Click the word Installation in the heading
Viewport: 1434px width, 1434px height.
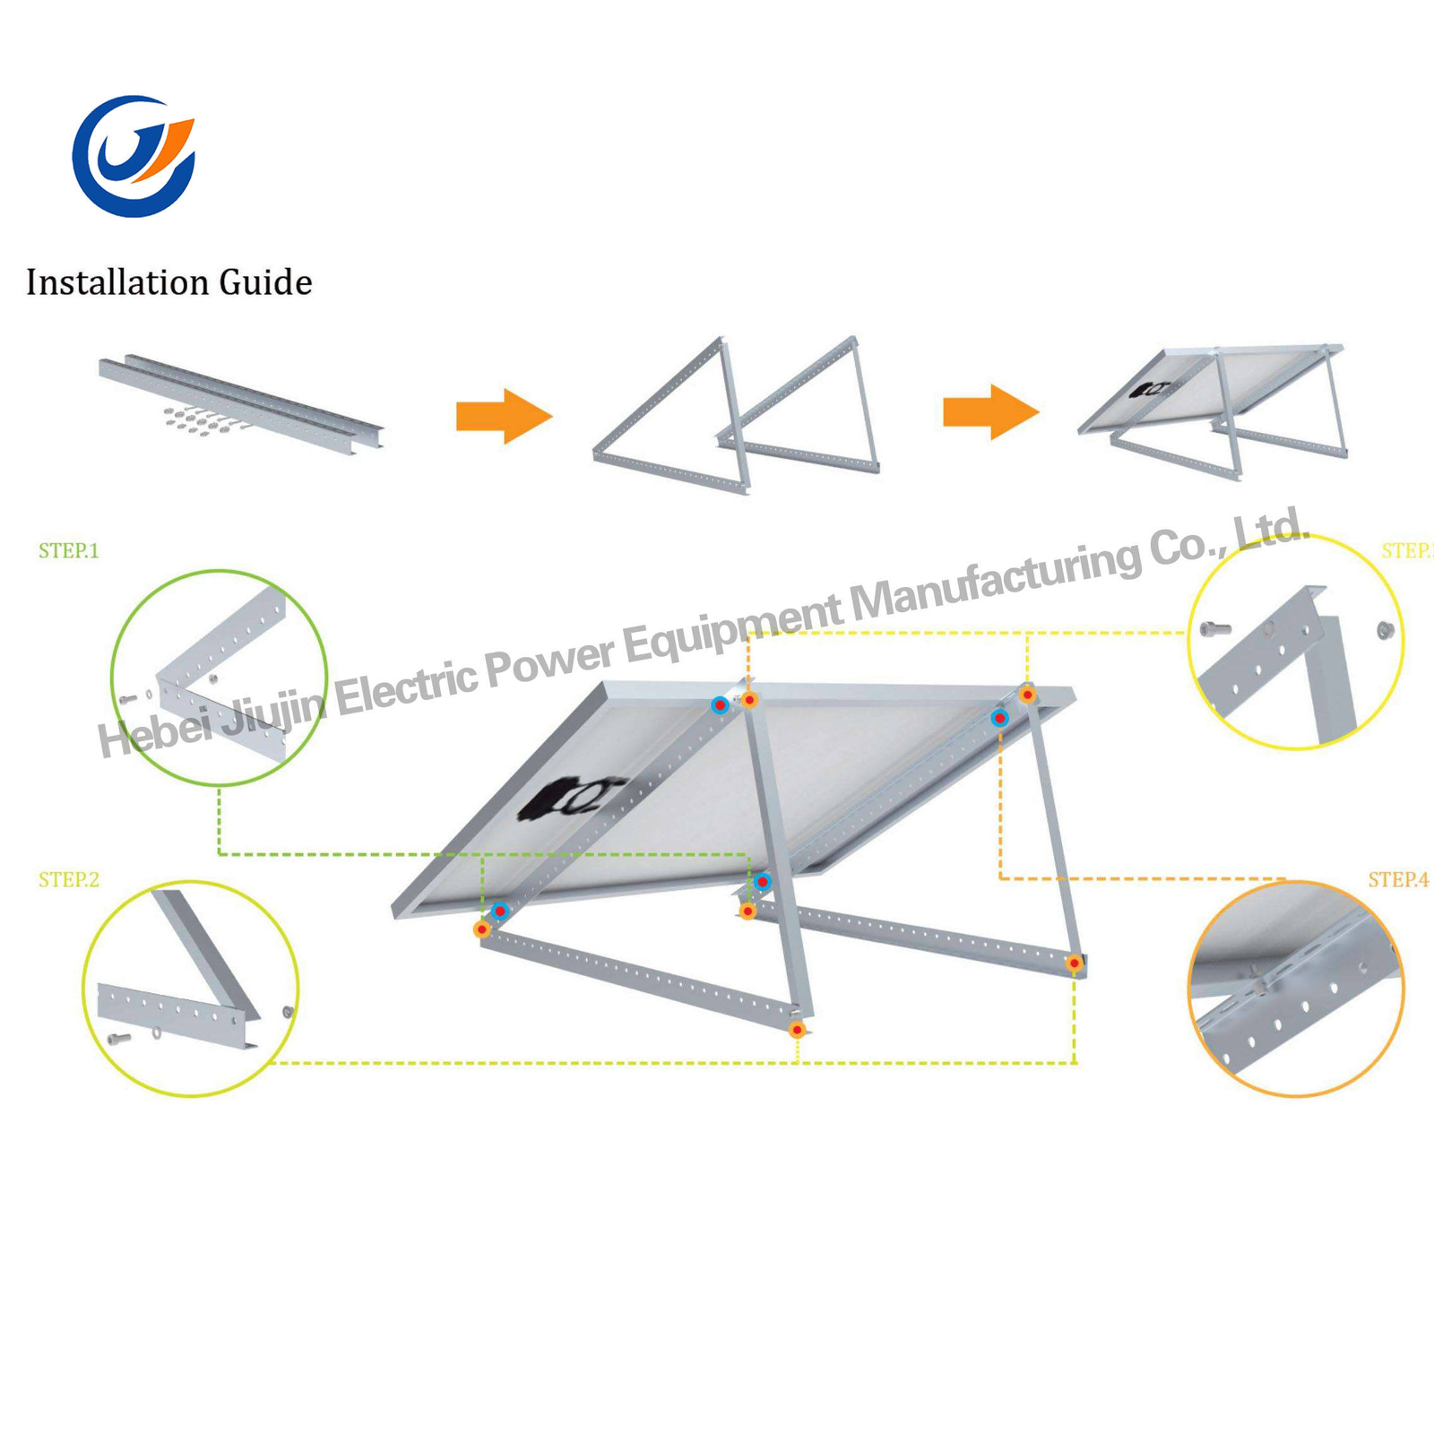tap(117, 282)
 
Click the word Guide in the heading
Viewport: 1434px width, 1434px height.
tap(265, 282)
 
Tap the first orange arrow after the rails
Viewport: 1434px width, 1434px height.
tap(504, 416)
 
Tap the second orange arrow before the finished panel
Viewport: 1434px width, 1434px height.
tap(990, 412)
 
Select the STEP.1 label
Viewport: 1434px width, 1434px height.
tap(69, 550)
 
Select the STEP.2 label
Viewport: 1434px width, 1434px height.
tap(69, 879)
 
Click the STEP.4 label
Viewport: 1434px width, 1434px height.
tap(1397, 879)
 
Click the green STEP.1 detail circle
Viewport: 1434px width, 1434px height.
tap(219, 678)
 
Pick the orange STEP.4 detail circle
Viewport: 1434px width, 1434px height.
tap(1295, 988)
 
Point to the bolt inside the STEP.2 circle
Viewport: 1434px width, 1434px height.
tap(118, 1039)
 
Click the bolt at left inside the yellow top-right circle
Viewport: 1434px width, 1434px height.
tap(1214, 628)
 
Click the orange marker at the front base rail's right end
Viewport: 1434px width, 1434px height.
tap(797, 1030)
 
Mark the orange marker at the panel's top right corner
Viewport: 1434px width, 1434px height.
tap(1028, 695)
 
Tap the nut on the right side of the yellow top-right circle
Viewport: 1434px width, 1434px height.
tap(1385, 631)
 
